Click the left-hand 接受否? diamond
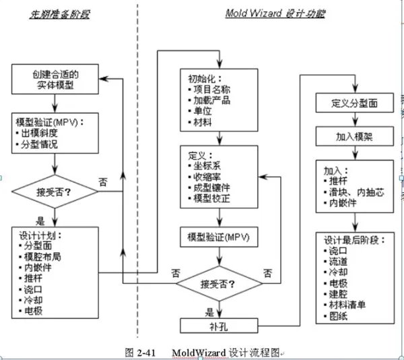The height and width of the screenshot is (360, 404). pyautogui.click(x=54, y=191)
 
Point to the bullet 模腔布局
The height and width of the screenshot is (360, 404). pyautogui.click(x=44, y=257)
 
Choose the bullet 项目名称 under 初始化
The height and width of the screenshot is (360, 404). pyautogui.click(x=211, y=89)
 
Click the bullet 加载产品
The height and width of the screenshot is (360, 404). pyautogui.click(x=211, y=100)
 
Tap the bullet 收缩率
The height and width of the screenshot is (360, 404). pyautogui.click(x=207, y=177)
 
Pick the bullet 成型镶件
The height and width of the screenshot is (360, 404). pyautogui.click(x=211, y=188)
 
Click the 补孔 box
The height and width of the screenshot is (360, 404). pyautogui.click(x=219, y=326)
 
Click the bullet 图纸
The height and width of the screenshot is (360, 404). pyautogui.click(x=339, y=316)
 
